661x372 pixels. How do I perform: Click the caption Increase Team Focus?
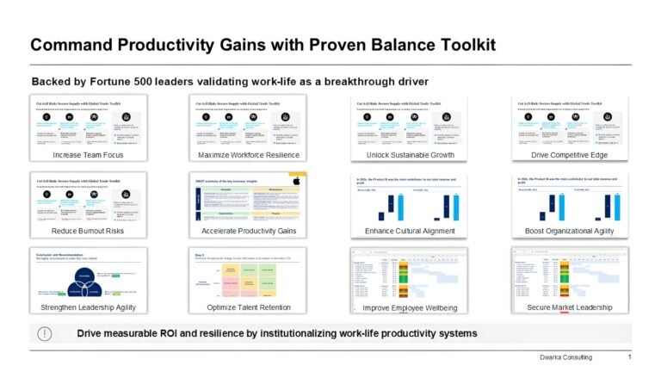click(x=87, y=155)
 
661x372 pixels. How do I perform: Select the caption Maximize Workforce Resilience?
click(x=248, y=155)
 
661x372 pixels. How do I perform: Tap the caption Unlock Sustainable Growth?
click(x=410, y=155)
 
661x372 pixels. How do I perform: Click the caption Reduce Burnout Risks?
click(x=87, y=232)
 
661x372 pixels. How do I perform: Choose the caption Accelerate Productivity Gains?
click(x=248, y=232)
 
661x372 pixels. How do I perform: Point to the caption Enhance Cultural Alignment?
click(x=410, y=232)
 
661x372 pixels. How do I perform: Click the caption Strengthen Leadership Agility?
click(x=87, y=307)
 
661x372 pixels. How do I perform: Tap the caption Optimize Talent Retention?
click(x=248, y=307)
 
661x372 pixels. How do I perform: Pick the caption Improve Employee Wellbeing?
click(x=410, y=307)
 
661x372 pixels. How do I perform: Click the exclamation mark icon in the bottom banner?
click(x=44, y=333)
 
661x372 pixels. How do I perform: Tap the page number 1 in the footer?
click(x=629, y=357)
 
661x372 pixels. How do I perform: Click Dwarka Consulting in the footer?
click(x=564, y=357)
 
